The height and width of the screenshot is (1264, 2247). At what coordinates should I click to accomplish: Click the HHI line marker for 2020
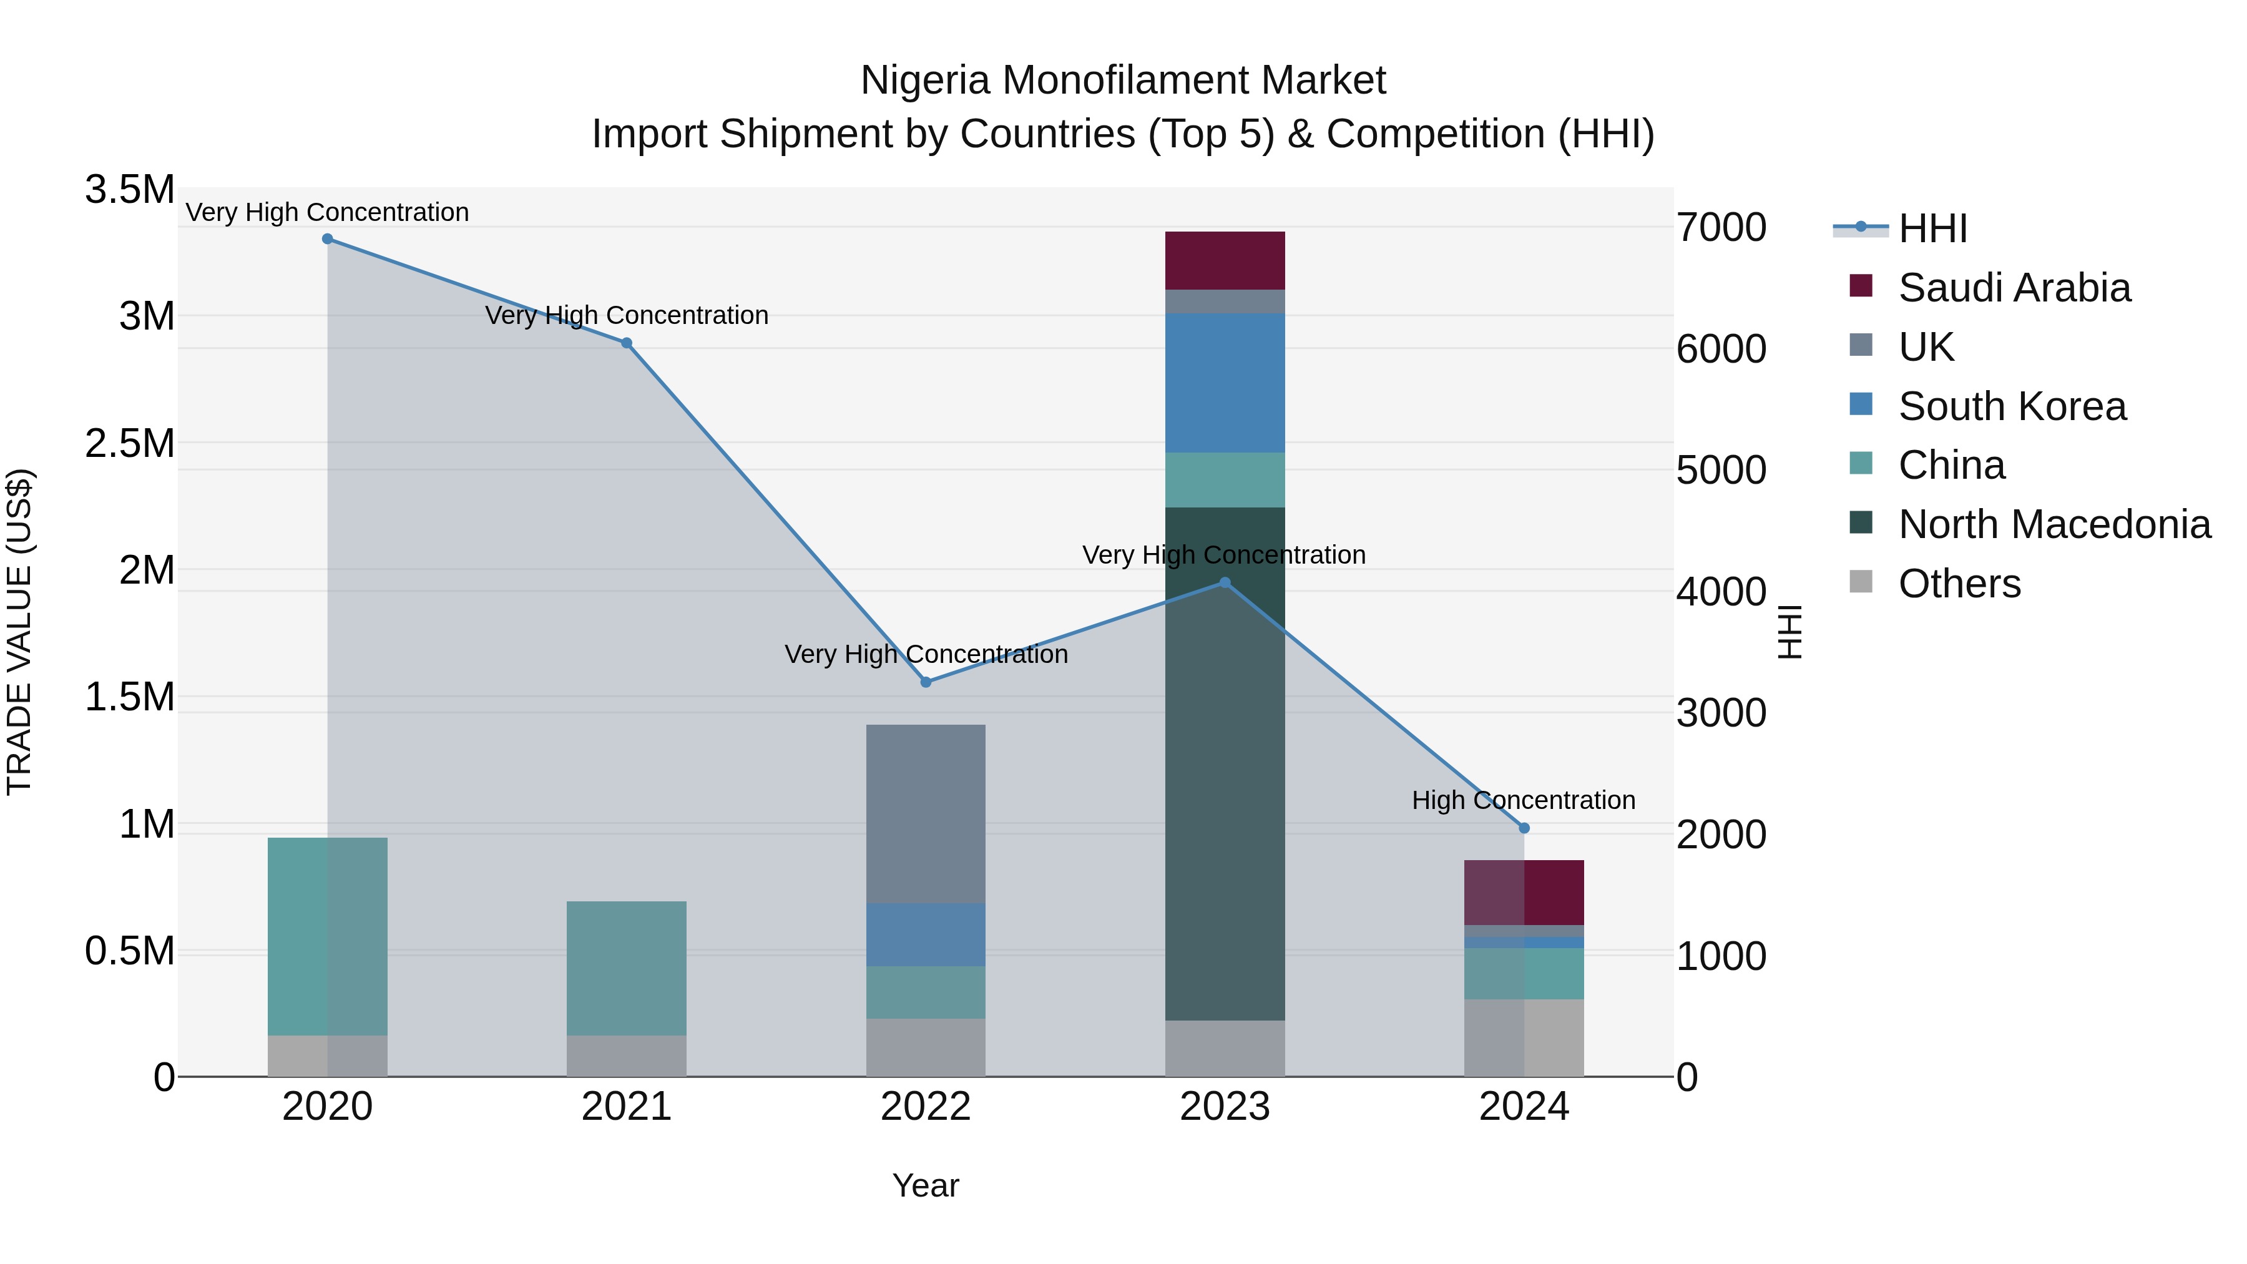pos(327,239)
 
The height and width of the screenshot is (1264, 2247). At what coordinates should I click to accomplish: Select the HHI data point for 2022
pos(926,682)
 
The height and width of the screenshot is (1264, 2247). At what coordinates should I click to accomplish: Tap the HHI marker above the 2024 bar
pos(1524,828)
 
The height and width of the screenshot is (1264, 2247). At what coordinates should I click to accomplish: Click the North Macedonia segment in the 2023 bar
pos(1225,763)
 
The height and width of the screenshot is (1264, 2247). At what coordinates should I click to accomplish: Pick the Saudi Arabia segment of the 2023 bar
pos(1225,260)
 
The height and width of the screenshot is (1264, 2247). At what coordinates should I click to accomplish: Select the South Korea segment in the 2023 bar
pos(1225,383)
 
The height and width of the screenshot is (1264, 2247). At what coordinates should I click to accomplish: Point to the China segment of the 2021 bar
pos(626,968)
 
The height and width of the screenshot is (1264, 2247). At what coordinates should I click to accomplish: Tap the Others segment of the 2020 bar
pos(327,1056)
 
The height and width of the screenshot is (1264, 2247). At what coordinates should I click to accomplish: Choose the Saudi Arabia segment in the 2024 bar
pos(1524,891)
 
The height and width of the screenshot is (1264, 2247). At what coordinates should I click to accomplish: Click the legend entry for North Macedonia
pos(2054,525)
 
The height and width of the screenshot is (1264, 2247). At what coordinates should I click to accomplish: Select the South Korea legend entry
pos(2012,406)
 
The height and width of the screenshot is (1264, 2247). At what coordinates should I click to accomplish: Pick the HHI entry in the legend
pos(1932,228)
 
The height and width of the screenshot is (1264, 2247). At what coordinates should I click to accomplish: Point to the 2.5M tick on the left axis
pos(129,443)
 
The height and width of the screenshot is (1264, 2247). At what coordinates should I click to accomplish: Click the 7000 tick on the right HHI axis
pos(1720,228)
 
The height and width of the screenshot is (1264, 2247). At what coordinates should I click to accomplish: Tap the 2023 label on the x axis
pos(1225,1107)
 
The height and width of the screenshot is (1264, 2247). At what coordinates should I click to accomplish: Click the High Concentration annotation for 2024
pos(1523,800)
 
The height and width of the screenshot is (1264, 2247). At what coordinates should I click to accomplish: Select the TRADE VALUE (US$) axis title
pos(19,632)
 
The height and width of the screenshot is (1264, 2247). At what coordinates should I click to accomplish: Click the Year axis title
pos(926,1185)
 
